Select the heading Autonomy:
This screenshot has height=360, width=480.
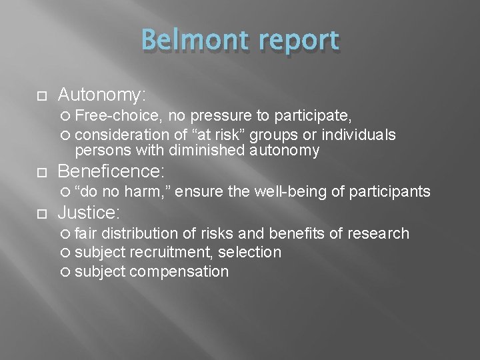(x=111, y=93)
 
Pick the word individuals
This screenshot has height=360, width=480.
(x=358, y=135)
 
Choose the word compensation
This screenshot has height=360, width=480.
(x=179, y=271)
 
